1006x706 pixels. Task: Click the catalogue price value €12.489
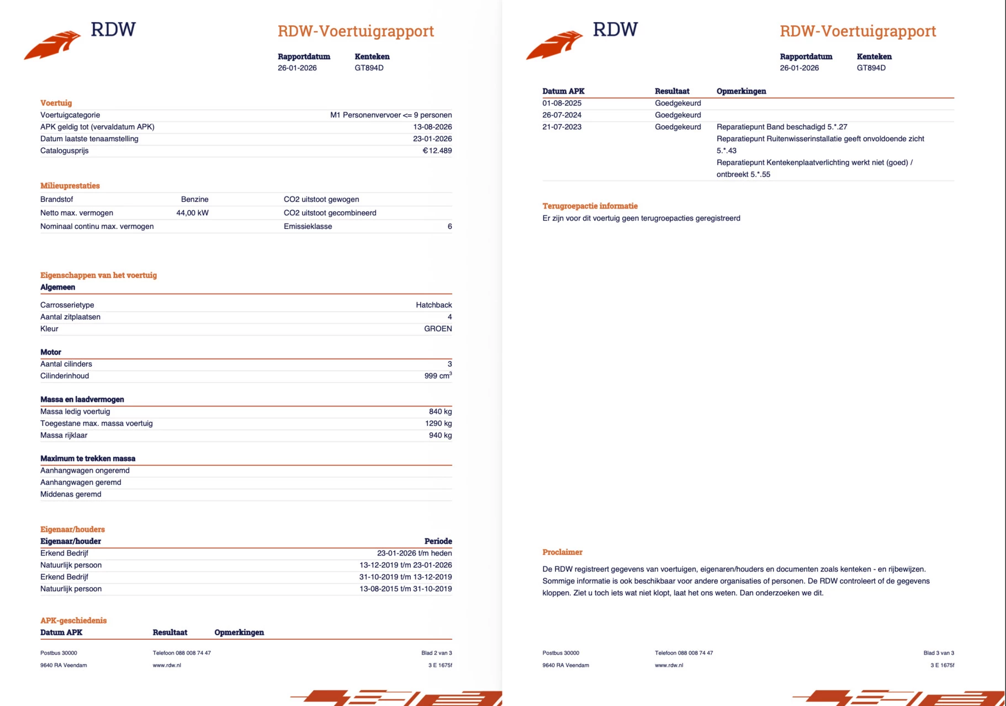437,151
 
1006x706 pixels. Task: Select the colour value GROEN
437,329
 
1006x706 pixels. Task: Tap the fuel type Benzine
194,200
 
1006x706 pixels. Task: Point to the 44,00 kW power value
192,213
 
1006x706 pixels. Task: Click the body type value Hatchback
433,305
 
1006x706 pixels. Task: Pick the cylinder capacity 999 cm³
438,376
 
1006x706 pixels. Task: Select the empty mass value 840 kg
440,411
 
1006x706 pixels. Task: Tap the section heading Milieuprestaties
70,186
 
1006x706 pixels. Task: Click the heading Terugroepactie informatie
590,206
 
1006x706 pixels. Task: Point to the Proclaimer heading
562,552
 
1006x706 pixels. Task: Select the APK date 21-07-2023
562,127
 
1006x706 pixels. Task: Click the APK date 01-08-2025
562,103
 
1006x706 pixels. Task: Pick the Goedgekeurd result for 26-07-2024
677,115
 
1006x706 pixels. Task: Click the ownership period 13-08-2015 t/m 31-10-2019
405,589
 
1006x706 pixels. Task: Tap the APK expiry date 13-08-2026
432,127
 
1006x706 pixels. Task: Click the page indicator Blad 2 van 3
436,653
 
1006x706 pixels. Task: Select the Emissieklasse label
308,227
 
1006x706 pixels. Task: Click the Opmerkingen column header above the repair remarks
741,92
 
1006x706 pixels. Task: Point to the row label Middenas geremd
71,494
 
